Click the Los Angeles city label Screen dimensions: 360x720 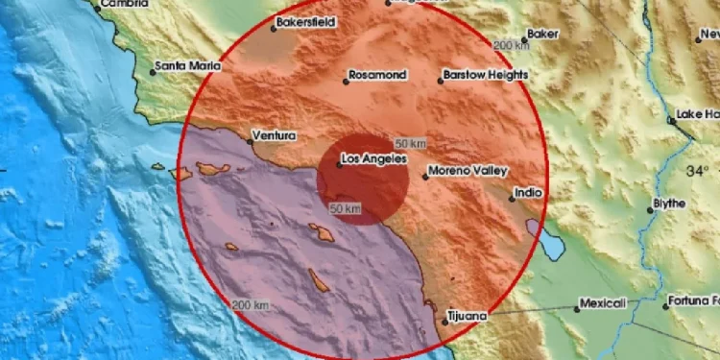coord(374,158)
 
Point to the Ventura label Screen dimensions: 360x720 coord(273,135)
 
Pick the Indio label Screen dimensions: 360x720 coord(529,192)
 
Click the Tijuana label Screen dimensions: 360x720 coord(469,314)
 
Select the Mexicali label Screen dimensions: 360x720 coord(606,303)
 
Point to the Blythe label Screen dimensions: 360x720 coord(669,204)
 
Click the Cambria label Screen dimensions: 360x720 coord(126,4)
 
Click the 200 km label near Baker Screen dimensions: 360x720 coord(513,45)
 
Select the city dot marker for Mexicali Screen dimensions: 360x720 coord(578,308)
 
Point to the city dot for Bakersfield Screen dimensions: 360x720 coord(273,27)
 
